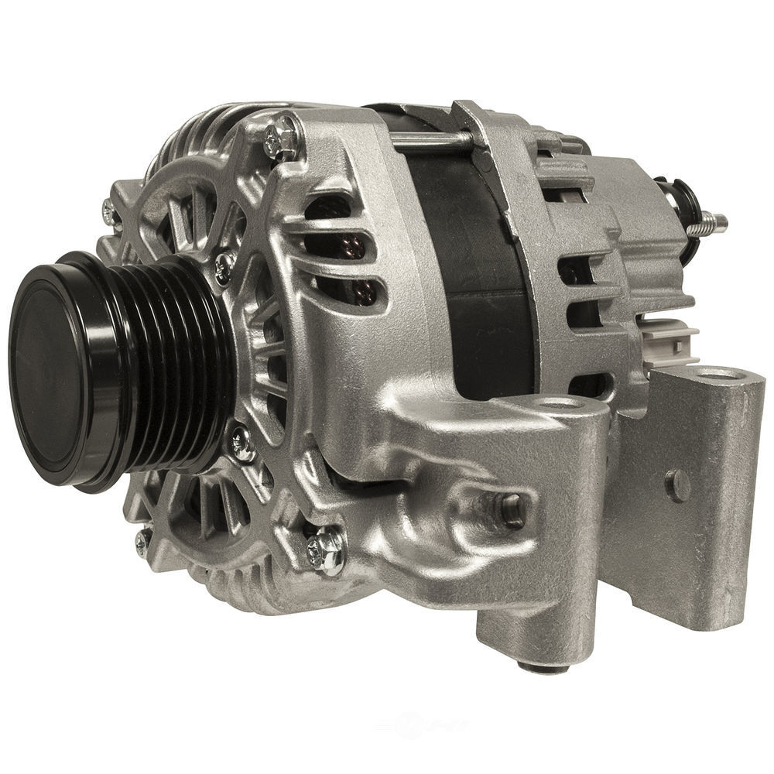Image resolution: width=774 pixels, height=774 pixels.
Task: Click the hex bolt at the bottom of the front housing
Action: click(x=326, y=549)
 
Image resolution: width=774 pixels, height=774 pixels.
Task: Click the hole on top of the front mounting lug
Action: click(x=559, y=403)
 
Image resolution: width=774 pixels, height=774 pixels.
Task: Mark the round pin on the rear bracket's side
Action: click(x=678, y=485)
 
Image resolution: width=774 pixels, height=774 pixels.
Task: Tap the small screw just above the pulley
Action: click(x=224, y=267)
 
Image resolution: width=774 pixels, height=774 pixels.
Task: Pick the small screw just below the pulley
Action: click(x=242, y=443)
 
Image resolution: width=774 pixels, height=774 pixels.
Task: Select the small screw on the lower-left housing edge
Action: click(x=142, y=542)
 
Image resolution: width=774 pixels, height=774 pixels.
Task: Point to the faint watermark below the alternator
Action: click(x=422, y=724)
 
